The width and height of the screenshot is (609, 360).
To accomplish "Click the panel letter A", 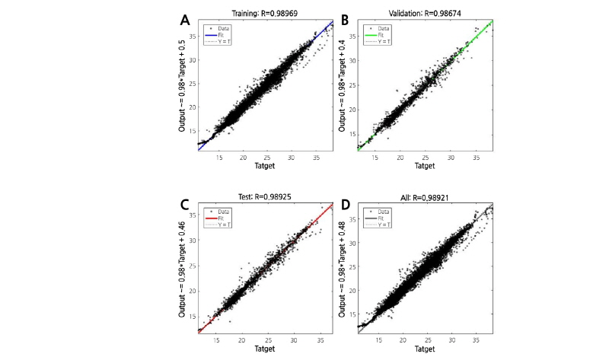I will pyautogui.click(x=185, y=20).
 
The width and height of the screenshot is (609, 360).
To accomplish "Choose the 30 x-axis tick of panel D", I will pyautogui.click(x=451, y=339).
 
